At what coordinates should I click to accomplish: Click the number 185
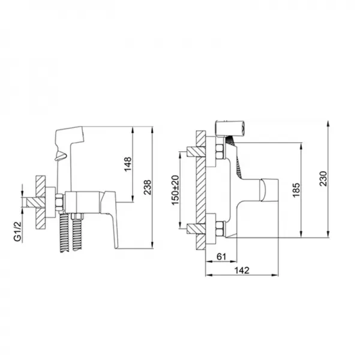pyautogui.click(x=296, y=191)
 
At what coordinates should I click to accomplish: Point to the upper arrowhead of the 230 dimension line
pyautogui.click(x=329, y=122)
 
